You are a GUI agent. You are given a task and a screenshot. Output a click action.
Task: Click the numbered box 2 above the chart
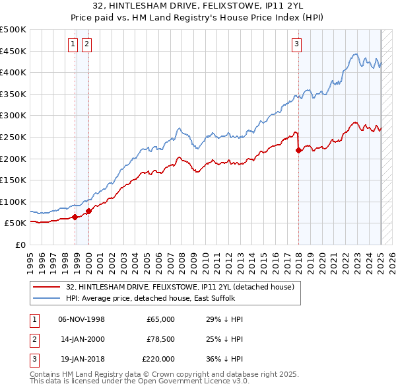(x=86, y=44)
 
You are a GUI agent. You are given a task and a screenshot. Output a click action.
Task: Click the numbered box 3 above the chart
(x=296, y=44)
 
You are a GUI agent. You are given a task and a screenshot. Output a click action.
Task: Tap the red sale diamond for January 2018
(x=298, y=150)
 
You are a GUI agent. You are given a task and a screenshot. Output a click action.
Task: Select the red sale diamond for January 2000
(x=88, y=211)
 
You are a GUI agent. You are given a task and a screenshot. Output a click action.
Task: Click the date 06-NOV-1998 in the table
(x=82, y=319)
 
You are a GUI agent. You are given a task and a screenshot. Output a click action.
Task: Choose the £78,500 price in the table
(x=161, y=339)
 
